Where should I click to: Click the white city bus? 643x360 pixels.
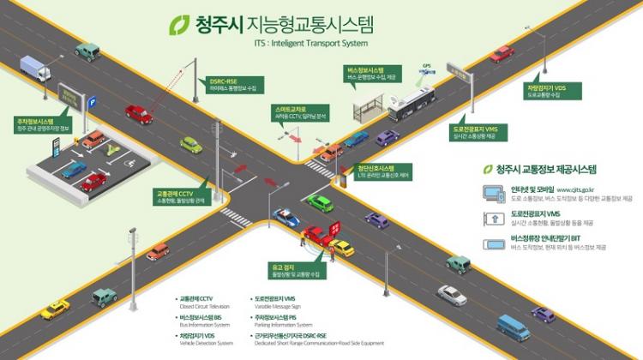click(x=412, y=102)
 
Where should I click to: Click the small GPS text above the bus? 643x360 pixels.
click(x=426, y=66)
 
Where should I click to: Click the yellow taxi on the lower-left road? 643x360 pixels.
click(x=55, y=308)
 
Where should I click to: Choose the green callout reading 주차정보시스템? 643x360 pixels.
click(x=34, y=125)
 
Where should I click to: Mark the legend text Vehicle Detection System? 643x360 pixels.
click(x=207, y=342)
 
